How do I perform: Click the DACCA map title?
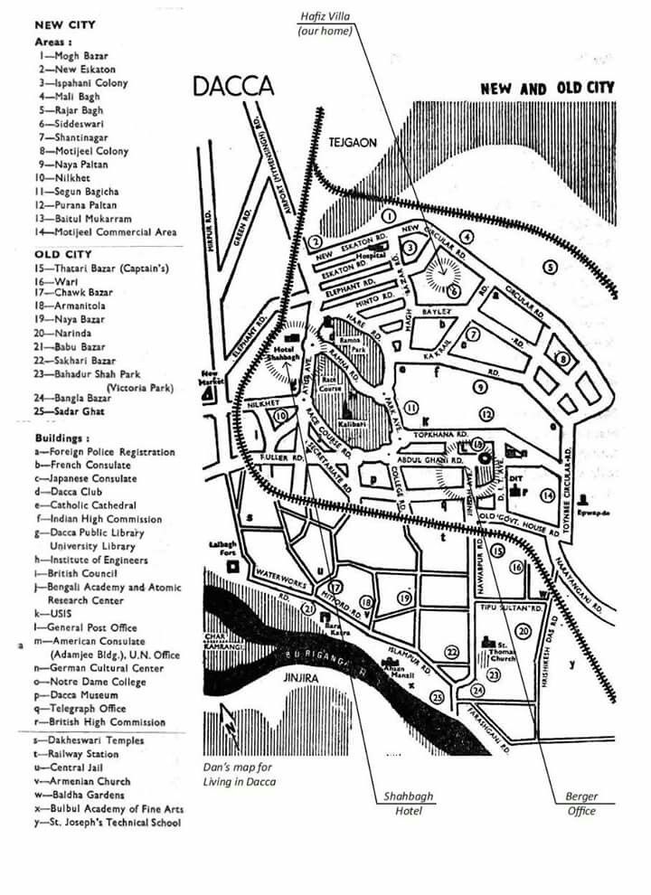click(233, 87)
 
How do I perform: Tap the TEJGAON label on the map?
click(353, 143)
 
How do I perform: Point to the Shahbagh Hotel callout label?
click(408, 804)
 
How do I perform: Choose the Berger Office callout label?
click(581, 804)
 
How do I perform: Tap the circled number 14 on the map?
click(547, 495)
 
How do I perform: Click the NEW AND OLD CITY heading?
click(547, 89)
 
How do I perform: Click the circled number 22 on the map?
click(451, 652)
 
